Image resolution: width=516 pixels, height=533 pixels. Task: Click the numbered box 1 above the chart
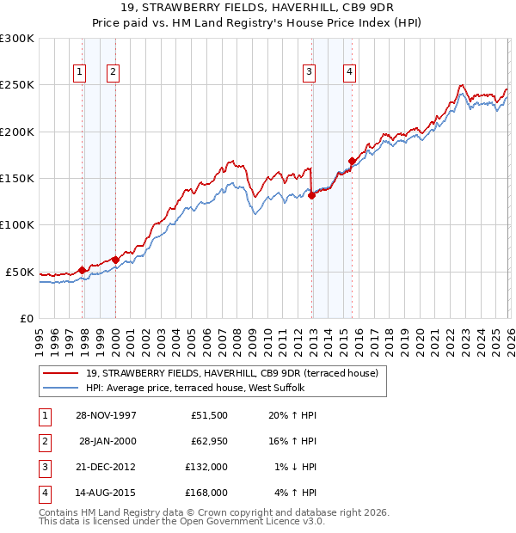tap(79, 73)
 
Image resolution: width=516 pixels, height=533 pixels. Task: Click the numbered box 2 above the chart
tap(113, 73)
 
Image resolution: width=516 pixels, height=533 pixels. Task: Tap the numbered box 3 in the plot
tap(309, 73)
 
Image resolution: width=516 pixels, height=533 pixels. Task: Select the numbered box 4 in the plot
tap(350, 73)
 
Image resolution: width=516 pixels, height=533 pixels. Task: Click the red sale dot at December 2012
tap(312, 195)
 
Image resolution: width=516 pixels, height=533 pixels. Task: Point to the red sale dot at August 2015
tap(352, 161)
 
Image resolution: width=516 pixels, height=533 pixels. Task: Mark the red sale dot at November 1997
tap(83, 270)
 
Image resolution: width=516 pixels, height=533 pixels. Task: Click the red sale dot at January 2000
tap(115, 259)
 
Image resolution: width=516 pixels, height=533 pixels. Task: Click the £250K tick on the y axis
tap(17, 85)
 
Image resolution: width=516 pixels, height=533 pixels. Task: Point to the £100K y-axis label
tap(17, 224)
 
